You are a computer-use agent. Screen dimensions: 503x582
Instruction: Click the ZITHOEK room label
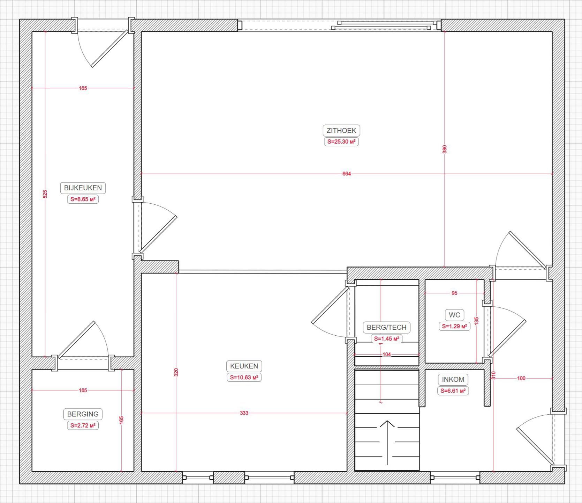click(x=341, y=131)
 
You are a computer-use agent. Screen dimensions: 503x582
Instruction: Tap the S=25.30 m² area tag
click(x=341, y=142)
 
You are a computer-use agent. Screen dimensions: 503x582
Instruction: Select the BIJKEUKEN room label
click(x=83, y=188)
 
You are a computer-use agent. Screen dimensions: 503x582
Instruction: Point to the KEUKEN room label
click(x=244, y=366)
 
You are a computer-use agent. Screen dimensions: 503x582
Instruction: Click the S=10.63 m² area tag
click(x=244, y=378)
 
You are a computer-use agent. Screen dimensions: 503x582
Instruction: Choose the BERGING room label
click(x=83, y=414)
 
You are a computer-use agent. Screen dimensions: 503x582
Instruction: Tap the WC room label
click(x=454, y=315)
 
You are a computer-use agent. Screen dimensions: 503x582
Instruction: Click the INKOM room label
click(x=453, y=379)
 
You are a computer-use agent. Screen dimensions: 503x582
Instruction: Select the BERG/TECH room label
click(x=386, y=327)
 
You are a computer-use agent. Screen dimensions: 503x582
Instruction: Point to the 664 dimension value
click(x=346, y=174)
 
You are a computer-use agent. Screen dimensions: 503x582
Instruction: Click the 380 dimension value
click(x=445, y=149)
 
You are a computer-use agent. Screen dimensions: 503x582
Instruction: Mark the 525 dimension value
click(x=45, y=194)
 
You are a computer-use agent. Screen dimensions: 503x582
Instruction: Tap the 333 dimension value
click(x=244, y=413)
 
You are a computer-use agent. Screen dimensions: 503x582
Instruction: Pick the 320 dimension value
click(x=176, y=372)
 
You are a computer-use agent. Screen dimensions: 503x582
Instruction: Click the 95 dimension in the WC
click(x=454, y=293)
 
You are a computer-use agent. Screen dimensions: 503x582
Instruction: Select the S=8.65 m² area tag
click(x=83, y=199)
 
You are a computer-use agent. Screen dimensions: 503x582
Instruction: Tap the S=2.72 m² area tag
click(x=83, y=425)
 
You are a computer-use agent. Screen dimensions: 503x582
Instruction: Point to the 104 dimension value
click(x=387, y=355)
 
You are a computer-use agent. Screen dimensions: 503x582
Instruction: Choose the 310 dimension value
click(x=493, y=375)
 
